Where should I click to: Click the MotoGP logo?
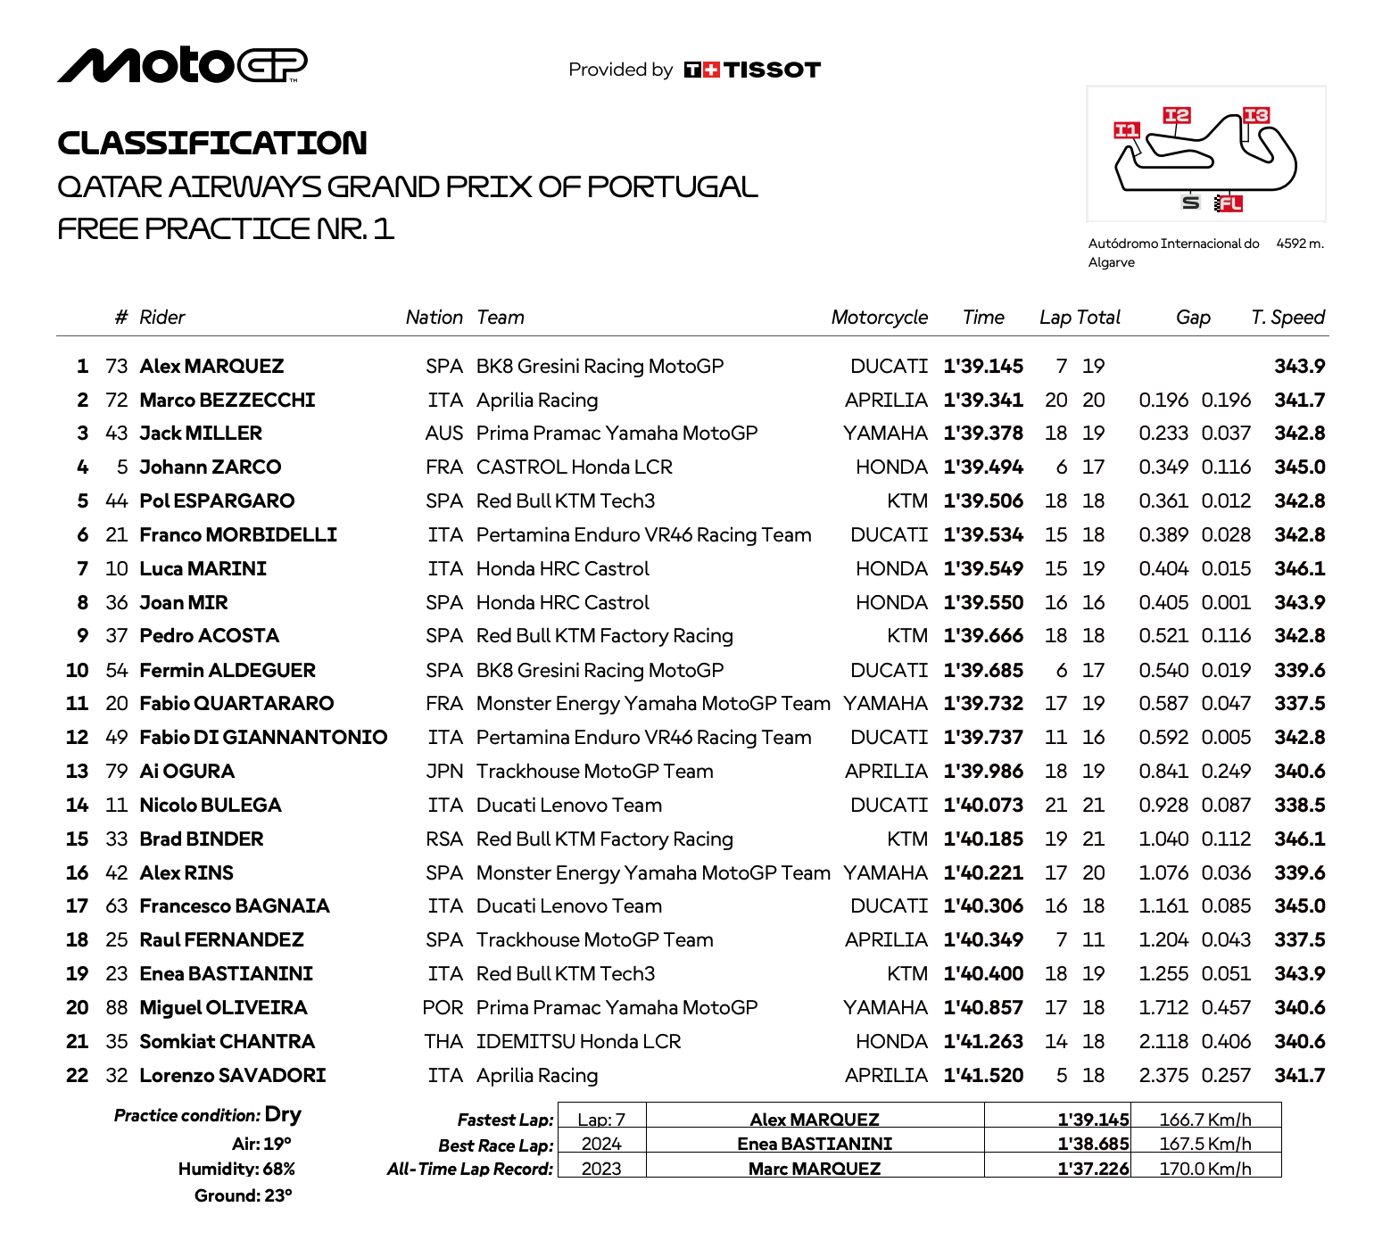coord(182,65)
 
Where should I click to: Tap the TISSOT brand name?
coord(772,70)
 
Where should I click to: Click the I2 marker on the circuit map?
coord(1177,115)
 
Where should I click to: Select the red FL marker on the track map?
coord(1229,203)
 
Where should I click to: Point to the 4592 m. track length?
coord(1300,244)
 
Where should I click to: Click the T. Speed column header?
coord(1287,318)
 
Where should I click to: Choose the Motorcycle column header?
coord(879,318)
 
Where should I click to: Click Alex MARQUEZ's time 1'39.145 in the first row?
coord(983,367)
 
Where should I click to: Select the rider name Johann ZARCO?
coord(211,467)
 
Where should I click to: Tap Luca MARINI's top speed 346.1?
coord(1299,569)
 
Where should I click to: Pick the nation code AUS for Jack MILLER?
coord(443,434)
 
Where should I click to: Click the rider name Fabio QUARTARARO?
coord(236,704)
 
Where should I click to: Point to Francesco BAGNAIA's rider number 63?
coord(117,906)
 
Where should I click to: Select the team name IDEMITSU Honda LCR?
coord(578,1042)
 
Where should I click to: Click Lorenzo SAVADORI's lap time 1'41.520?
coord(983,1076)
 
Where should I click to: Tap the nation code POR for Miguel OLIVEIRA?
coord(443,1008)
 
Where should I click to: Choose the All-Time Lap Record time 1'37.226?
coord(1093,1169)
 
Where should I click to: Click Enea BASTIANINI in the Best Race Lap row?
coord(815,1144)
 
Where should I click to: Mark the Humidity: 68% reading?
coord(236,1170)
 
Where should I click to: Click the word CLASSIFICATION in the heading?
coord(212,143)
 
